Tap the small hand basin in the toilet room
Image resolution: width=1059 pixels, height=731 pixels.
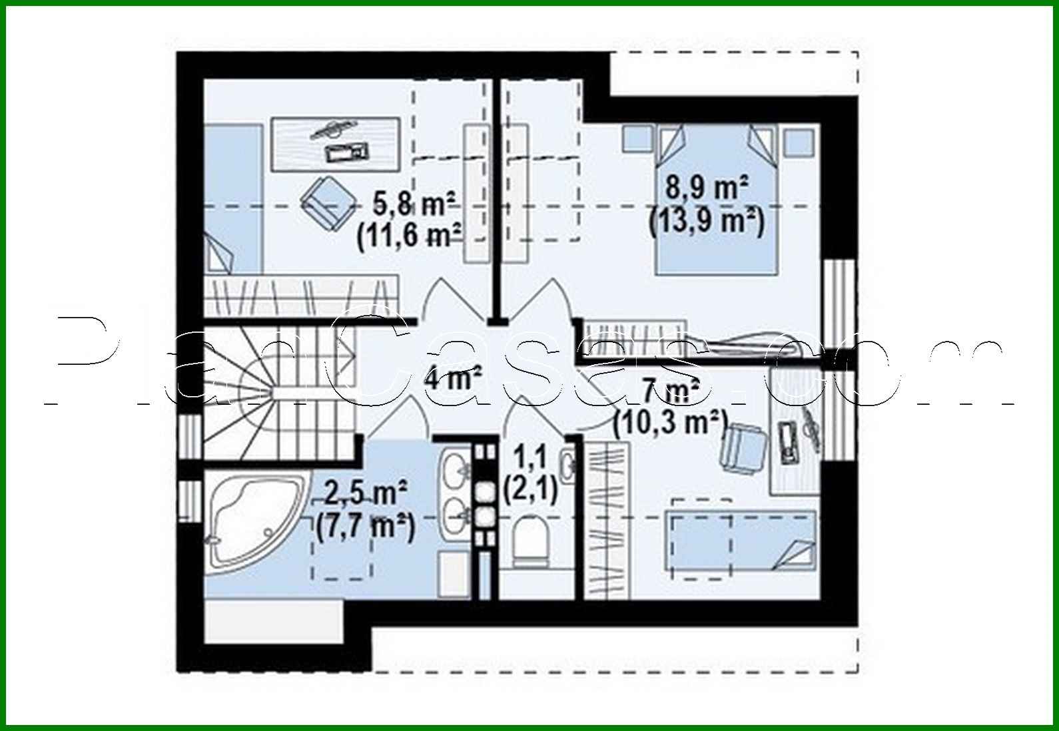(x=568, y=465)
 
